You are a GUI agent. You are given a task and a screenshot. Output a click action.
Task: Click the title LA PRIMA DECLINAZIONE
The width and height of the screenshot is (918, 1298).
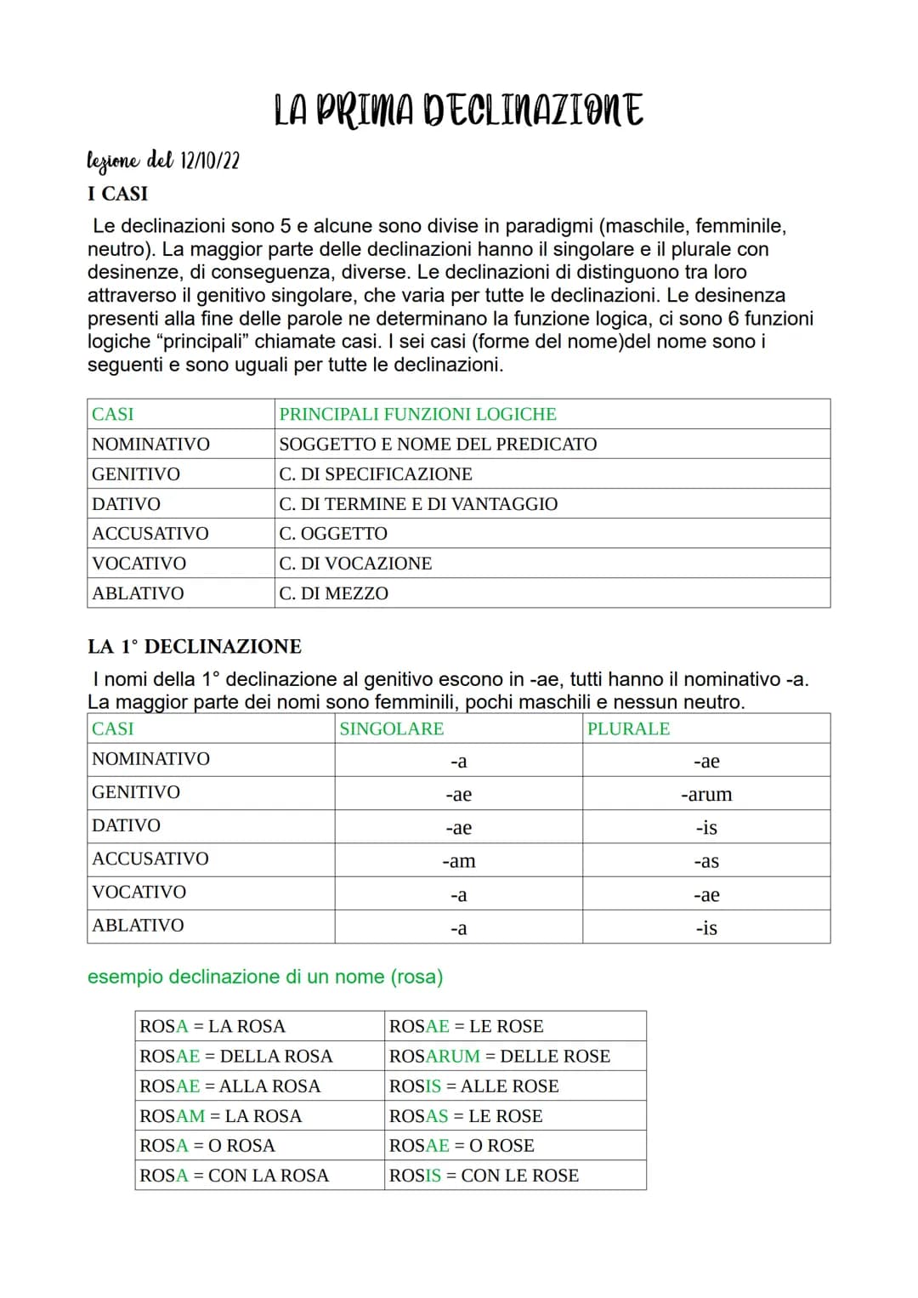(458, 111)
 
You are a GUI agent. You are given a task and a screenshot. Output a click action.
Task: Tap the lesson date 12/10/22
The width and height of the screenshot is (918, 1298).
(209, 160)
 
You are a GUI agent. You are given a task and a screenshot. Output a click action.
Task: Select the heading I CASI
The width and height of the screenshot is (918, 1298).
(117, 194)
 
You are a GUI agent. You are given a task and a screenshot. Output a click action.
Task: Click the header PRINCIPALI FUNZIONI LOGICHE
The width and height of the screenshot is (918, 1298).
(417, 414)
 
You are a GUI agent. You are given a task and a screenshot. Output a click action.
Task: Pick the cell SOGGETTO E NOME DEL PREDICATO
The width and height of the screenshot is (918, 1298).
(438, 444)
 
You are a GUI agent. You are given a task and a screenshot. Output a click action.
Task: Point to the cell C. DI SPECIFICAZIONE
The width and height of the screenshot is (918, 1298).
(376, 473)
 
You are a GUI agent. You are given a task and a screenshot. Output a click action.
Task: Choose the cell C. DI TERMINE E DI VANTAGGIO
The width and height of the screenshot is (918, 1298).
(418, 504)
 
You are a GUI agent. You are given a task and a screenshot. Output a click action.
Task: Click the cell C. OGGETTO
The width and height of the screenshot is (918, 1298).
(333, 534)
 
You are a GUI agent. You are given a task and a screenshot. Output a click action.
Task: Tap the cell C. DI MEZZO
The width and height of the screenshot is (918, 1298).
(333, 593)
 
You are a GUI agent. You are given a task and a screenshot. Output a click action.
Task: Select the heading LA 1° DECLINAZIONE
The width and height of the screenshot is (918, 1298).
(195, 647)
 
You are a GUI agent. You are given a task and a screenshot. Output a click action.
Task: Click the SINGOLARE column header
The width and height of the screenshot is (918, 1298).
(391, 728)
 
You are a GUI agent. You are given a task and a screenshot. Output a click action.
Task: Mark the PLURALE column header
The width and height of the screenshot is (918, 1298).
(628, 728)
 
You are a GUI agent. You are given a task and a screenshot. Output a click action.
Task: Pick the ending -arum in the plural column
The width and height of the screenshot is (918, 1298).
(705, 795)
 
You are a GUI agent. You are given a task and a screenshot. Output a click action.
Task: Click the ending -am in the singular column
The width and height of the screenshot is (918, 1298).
(458, 861)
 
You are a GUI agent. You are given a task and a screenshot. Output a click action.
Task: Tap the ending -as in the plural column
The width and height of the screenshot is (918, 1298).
(705, 861)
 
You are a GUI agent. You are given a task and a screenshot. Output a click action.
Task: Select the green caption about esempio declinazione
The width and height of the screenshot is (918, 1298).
(265, 977)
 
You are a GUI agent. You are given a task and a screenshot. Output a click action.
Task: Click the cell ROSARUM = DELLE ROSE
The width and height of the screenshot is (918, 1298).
(500, 1057)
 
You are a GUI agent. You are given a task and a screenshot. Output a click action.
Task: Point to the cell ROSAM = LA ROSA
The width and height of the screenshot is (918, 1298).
(221, 1116)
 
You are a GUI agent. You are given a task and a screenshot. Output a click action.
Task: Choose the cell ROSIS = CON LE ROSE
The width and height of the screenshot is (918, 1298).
(484, 1176)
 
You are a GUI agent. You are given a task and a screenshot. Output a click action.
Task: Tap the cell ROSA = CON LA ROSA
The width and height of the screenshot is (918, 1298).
(234, 1176)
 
